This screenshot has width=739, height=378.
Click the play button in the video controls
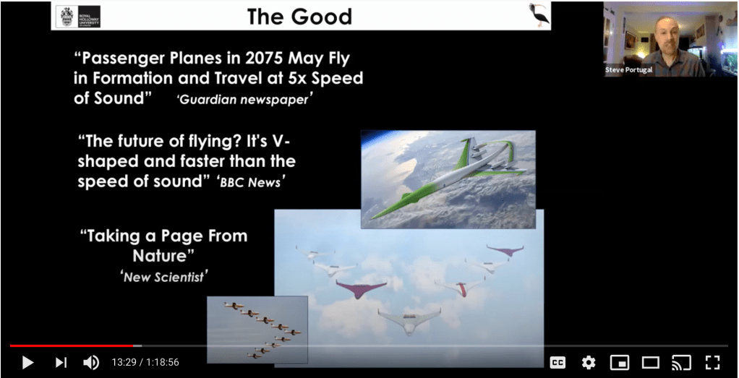(27, 362)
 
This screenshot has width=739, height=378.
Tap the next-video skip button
(61, 362)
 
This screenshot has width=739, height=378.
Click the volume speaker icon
(91, 362)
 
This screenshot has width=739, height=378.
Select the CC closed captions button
(558, 362)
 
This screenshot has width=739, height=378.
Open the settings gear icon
(588, 362)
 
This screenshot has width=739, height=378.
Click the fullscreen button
(712, 362)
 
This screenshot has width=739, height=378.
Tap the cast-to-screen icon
(681, 362)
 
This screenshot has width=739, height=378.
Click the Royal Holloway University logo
(78, 17)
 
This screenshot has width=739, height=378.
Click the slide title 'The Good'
(299, 17)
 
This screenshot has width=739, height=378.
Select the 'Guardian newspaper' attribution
(244, 100)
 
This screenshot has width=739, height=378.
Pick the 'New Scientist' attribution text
(164, 277)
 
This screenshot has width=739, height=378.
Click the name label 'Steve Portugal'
(628, 70)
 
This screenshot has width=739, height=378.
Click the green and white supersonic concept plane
(448, 179)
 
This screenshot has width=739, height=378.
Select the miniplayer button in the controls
(619, 362)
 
